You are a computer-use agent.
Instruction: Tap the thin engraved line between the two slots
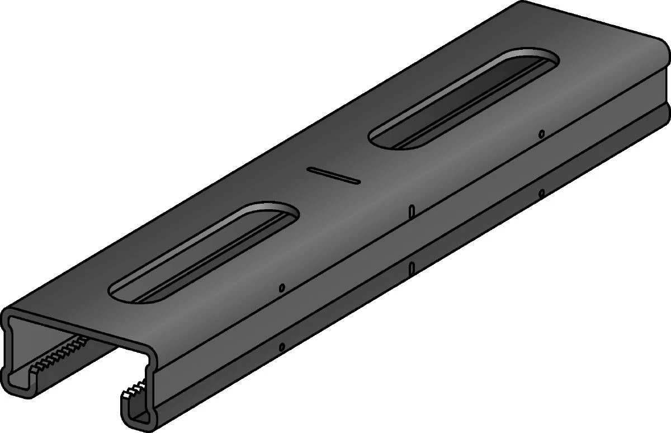pos(334,175)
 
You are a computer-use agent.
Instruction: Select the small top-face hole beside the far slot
pos(541,134)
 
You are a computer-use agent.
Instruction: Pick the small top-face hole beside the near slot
pos(282,288)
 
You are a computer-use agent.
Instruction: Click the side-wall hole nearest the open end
pos(282,347)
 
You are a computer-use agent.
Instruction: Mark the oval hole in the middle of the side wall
pos(412,268)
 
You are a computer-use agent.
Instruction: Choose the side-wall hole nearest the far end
pos(541,193)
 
